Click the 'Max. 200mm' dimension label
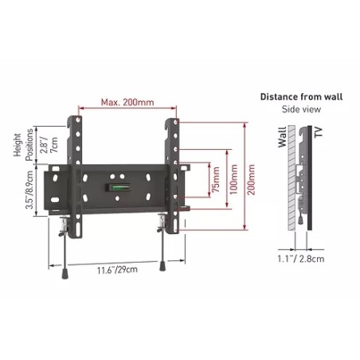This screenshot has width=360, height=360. pos(127,102)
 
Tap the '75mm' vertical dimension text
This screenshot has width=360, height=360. pos(216,186)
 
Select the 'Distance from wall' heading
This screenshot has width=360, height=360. pos(300,96)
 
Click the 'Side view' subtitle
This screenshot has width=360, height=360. pos(300,109)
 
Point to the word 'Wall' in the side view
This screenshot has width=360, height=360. pos(284,142)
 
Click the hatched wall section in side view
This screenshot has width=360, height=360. pos(291,183)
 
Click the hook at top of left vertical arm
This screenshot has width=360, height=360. pos(79,121)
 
